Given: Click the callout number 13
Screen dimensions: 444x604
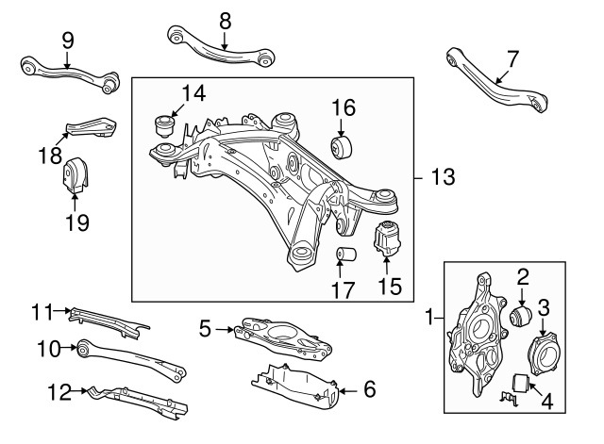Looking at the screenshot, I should pos(443,177).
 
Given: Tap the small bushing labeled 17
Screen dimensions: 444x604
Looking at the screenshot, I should pos(345,255).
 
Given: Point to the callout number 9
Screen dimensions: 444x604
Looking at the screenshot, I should pos(68,41).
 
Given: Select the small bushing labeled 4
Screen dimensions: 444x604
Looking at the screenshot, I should pos(519,384).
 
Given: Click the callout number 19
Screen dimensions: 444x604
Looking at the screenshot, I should pos(76,222).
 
